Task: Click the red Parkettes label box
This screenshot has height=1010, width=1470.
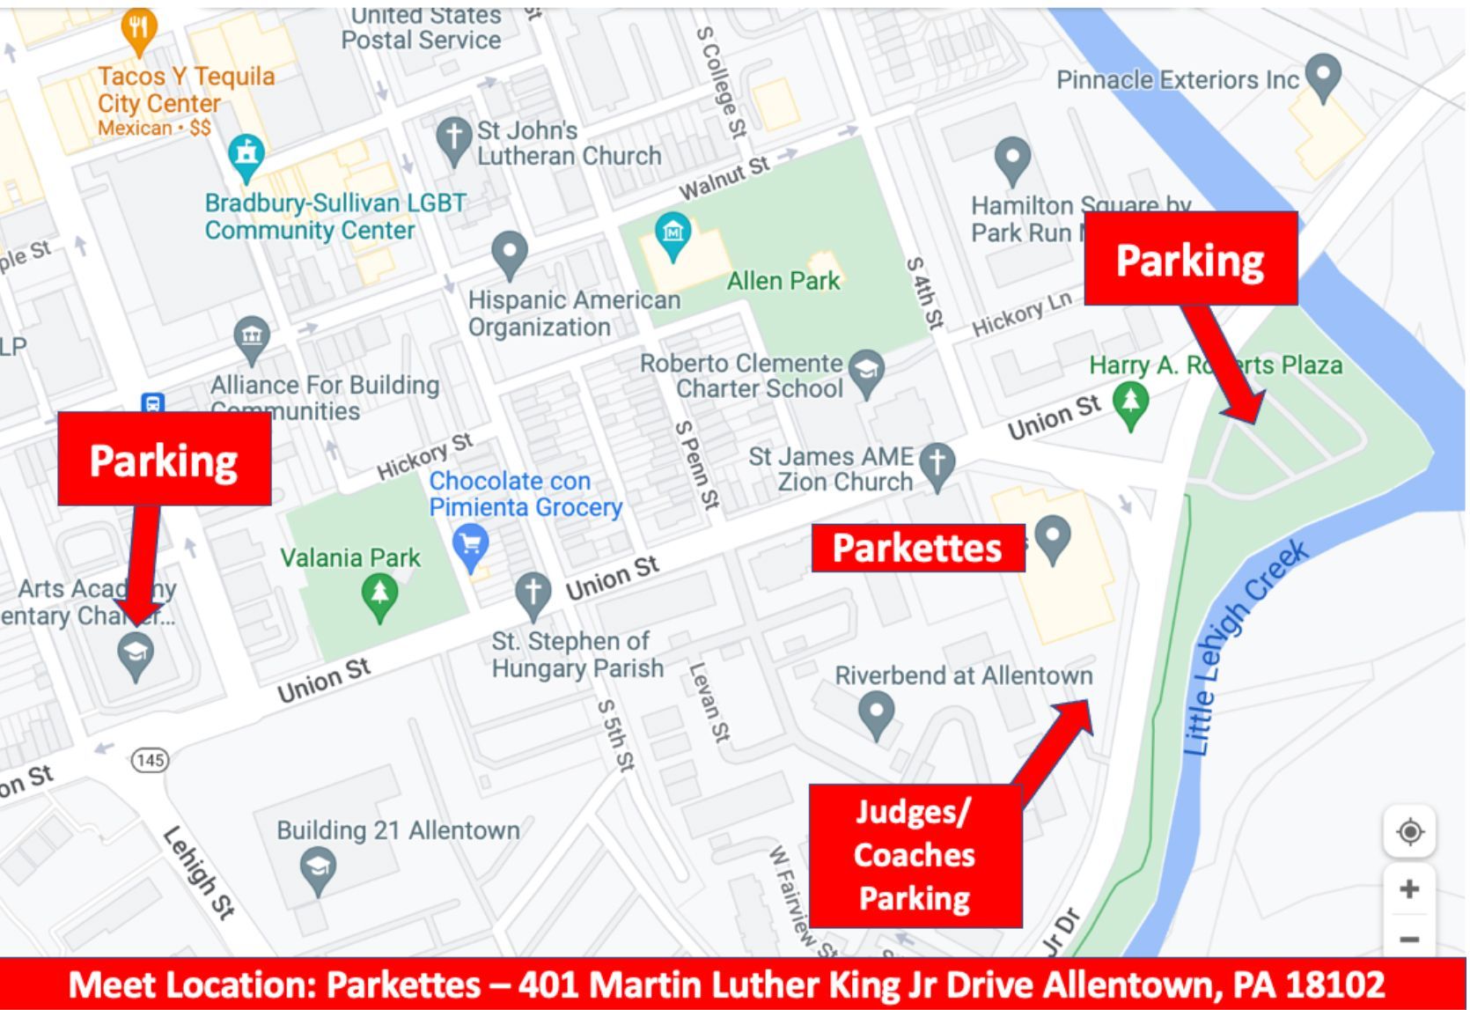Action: pyautogui.click(x=917, y=548)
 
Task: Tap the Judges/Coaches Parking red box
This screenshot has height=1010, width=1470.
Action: pyautogui.click(x=915, y=855)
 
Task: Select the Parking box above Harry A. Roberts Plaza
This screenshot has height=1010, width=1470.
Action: pyautogui.click(x=1190, y=259)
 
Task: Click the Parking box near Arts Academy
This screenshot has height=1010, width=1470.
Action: pyautogui.click(x=164, y=459)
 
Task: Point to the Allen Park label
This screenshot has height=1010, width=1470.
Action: pyautogui.click(x=783, y=281)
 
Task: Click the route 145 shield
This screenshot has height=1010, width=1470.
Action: pyautogui.click(x=150, y=759)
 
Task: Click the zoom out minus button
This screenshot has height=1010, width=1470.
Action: pyautogui.click(x=1409, y=939)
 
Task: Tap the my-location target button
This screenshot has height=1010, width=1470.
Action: pyautogui.click(x=1409, y=831)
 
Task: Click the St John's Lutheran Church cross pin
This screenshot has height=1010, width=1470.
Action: pyautogui.click(x=453, y=139)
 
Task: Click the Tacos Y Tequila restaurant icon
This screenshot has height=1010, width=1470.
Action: pyautogui.click(x=138, y=28)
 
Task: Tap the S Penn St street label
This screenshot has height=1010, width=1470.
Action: pyautogui.click(x=696, y=464)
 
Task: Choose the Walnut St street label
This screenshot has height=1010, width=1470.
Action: pyautogui.click(x=724, y=177)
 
